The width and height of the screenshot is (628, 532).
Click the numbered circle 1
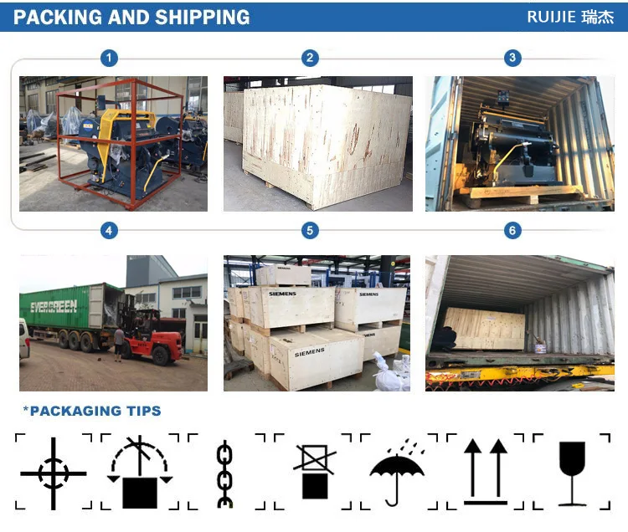coord(109,58)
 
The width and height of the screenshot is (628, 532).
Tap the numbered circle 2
coord(310,58)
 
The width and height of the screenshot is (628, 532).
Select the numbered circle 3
coord(512,58)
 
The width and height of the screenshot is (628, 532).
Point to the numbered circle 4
coord(109,230)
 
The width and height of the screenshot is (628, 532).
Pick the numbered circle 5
coord(310,230)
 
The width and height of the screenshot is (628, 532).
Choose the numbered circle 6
coord(512,230)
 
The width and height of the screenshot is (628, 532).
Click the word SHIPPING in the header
coord(203,18)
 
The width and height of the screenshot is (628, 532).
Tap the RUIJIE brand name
coord(551,17)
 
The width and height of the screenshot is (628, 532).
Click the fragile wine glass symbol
coord(573,473)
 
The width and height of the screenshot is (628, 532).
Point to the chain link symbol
coord(224,474)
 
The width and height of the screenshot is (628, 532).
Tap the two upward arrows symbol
coord(486,471)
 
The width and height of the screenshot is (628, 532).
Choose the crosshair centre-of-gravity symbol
coord(54,473)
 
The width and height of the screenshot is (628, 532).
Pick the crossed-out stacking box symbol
coord(314,471)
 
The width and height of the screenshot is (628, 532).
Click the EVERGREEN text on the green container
coord(54,306)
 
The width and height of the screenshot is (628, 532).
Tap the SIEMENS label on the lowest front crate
coord(310,352)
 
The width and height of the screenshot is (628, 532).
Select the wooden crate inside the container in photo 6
coord(485,329)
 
